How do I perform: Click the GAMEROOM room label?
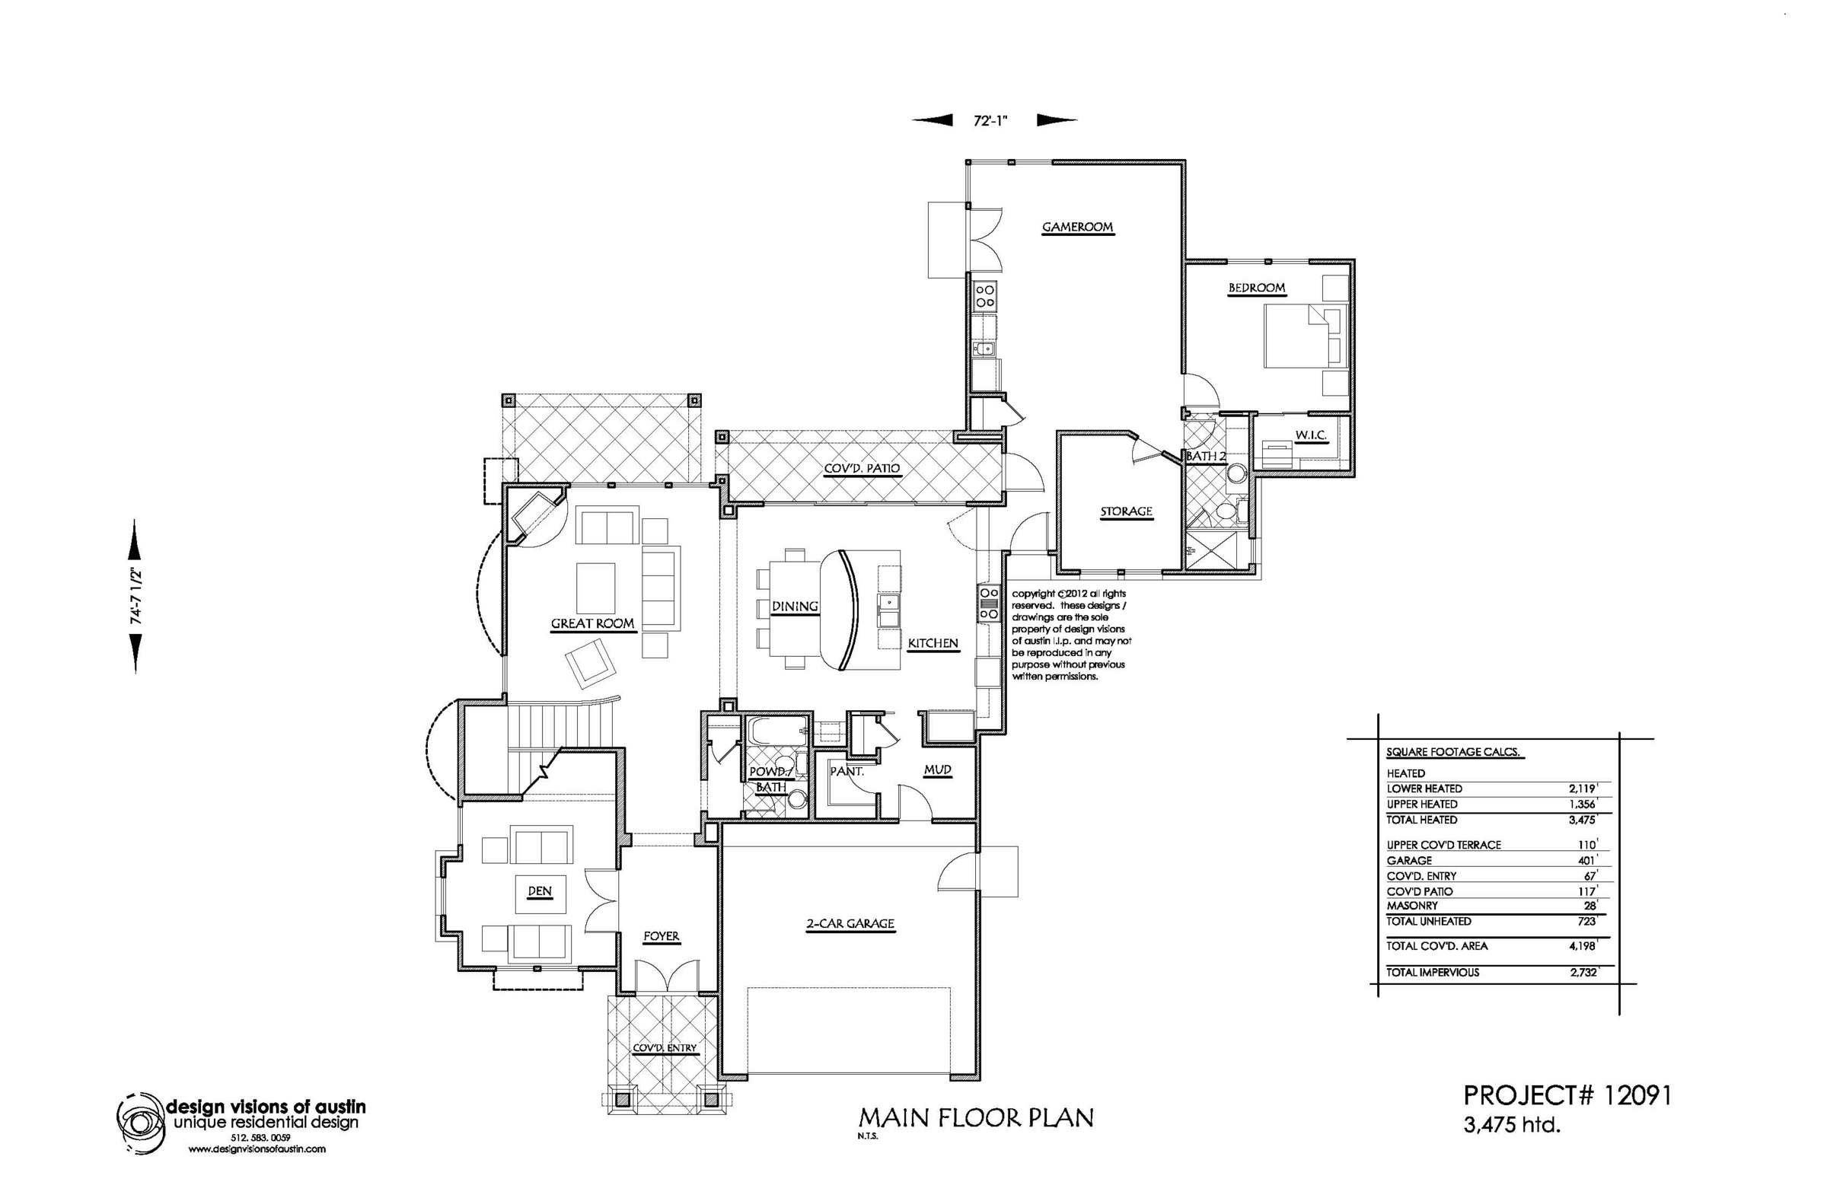tap(1077, 227)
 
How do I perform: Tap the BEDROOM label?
tap(1257, 288)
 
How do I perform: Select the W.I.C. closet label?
tap(1311, 435)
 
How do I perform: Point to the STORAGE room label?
tap(1126, 511)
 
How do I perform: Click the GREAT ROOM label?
tap(592, 623)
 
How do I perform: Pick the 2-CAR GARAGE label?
tap(850, 923)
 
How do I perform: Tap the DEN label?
tap(540, 891)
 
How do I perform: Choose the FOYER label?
tap(661, 936)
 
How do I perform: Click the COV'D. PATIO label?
tap(861, 468)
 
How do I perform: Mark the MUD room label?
tap(937, 769)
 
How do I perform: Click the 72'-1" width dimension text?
tap(990, 120)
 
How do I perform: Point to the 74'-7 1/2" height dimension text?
tap(136, 596)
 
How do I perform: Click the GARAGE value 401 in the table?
tap(1587, 860)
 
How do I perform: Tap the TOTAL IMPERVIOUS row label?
tap(1433, 973)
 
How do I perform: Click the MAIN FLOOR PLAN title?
tap(976, 1117)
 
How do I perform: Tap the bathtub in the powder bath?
tap(778, 731)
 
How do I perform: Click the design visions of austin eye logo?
tap(141, 1124)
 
